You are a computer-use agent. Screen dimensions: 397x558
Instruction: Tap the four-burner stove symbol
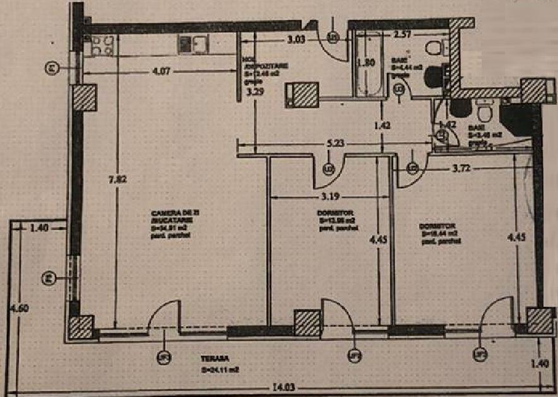[x=101, y=45]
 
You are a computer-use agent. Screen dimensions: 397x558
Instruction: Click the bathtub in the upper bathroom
[x=368, y=65]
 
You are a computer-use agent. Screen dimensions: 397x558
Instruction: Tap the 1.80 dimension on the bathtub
[x=366, y=63]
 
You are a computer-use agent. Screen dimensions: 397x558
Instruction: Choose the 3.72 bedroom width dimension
[x=463, y=169]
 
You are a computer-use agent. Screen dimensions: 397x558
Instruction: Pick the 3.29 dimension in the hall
[x=254, y=92]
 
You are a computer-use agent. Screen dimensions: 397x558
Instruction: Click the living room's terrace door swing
[x=164, y=316]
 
